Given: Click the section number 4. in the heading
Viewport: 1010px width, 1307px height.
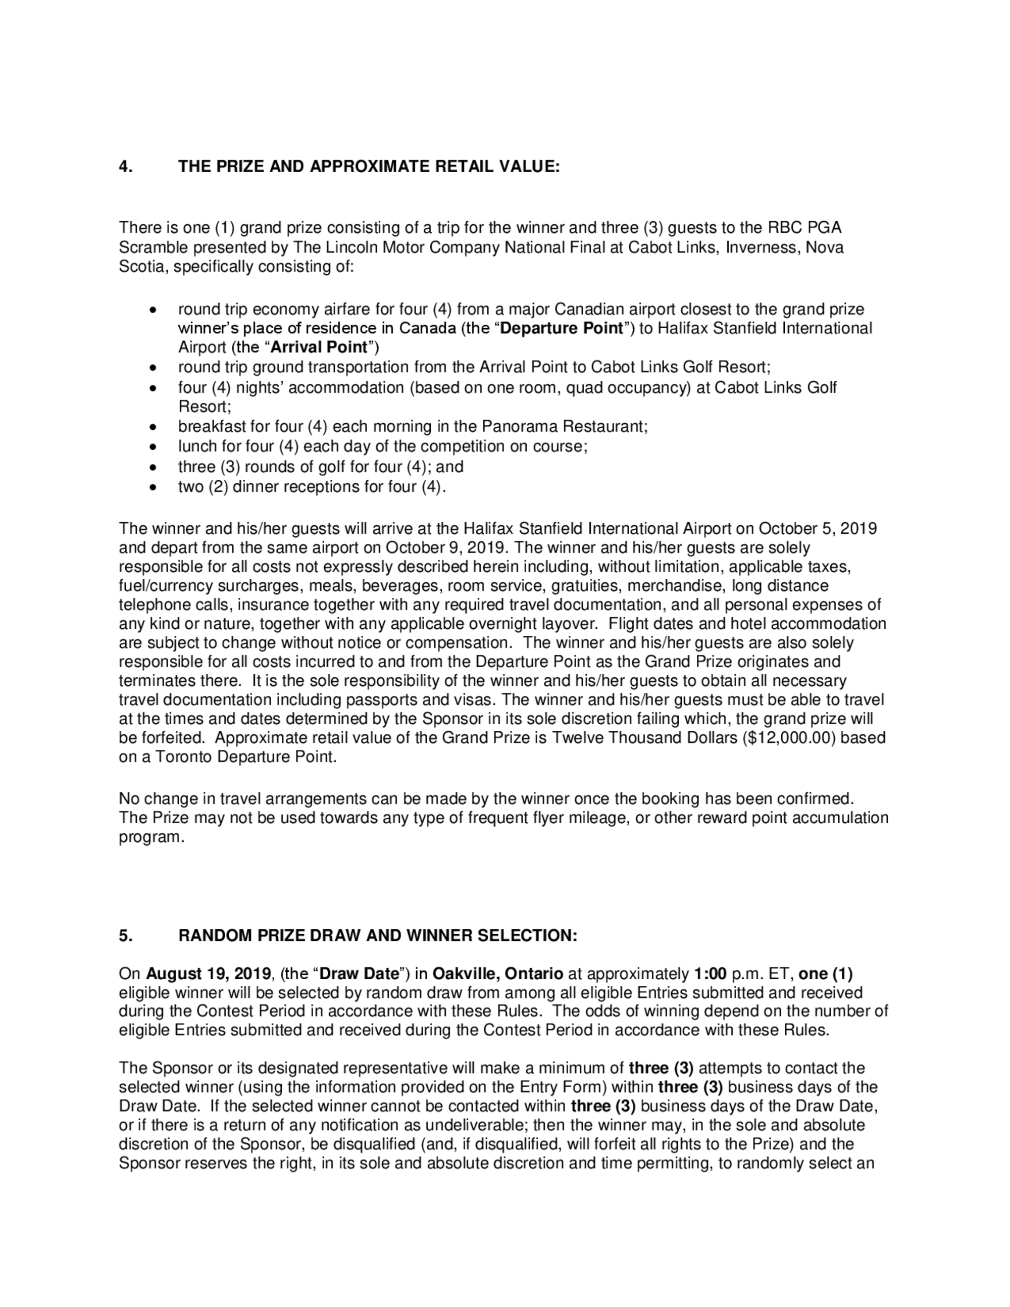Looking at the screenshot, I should pyautogui.click(x=126, y=167).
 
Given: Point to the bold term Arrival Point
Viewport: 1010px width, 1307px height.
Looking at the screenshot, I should pyautogui.click(x=318, y=347).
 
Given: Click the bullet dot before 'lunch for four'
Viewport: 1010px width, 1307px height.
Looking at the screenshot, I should pyautogui.click(x=154, y=447).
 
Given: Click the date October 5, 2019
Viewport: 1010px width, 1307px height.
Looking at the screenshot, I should pyautogui.click(x=817, y=528).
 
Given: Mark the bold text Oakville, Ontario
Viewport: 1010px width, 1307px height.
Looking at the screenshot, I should pyautogui.click(x=497, y=974).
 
